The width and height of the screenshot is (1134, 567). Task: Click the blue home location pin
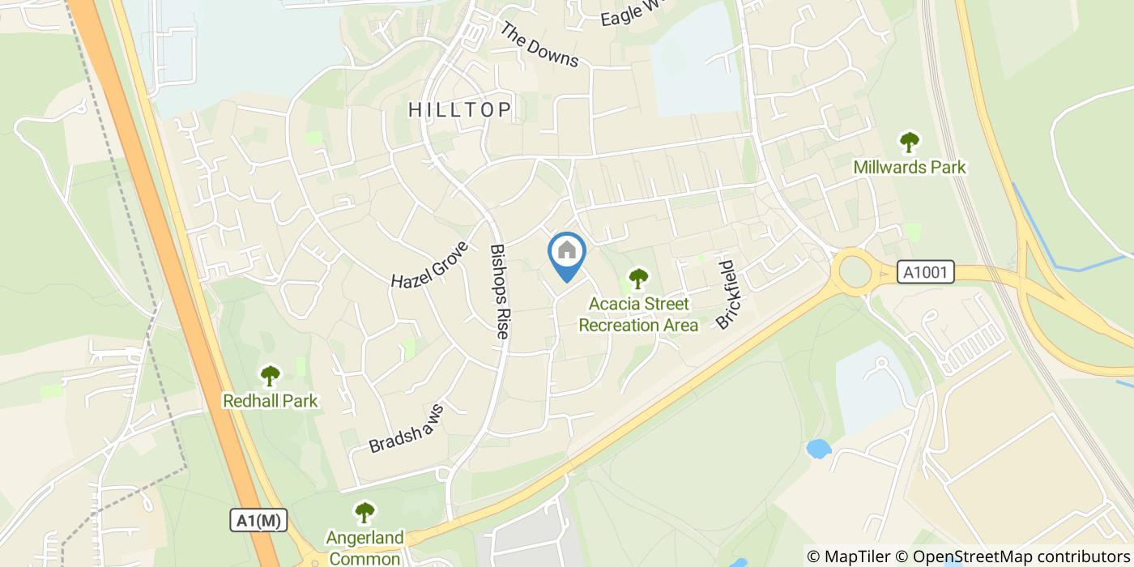pyautogui.click(x=567, y=254)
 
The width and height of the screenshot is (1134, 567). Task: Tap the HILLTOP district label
pyautogui.click(x=460, y=109)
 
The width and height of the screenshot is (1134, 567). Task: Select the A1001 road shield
pyautogui.click(x=926, y=273)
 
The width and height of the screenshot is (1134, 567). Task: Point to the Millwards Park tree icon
pyautogui.click(x=910, y=143)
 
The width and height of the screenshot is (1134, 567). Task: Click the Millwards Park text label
pyautogui.click(x=910, y=168)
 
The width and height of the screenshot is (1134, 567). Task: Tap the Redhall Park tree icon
pyautogui.click(x=270, y=376)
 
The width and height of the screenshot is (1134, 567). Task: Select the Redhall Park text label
pyautogui.click(x=271, y=401)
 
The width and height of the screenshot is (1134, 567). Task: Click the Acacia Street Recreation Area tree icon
pyautogui.click(x=639, y=279)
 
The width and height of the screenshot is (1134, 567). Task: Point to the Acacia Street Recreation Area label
pyautogui.click(x=638, y=315)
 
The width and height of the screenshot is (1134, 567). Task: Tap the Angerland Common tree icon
pyautogui.click(x=364, y=513)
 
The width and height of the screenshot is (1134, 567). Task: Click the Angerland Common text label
pyautogui.click(x=364, y=548)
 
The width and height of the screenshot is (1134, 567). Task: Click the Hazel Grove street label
pyautogui.click(x=429, y=265)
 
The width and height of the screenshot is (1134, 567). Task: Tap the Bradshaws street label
pyautogui.click(x=407, y=428)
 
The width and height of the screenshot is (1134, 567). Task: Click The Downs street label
pyautogui.click(x=539, y=45)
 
